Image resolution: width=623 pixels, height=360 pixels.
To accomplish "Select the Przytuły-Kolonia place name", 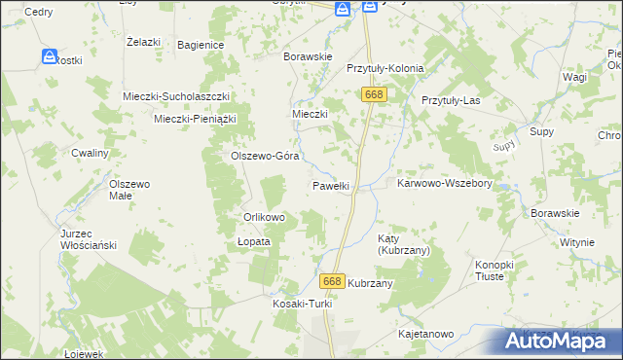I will coord(385,69).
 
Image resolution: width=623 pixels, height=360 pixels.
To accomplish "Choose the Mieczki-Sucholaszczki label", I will coord(175,96).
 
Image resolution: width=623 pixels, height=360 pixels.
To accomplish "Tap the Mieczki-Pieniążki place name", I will coord(196,119).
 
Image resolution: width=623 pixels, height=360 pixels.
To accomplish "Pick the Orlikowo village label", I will coord(263,217).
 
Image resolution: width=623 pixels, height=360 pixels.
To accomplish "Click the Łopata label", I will coord(253,241).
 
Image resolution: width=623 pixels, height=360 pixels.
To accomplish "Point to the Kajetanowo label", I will coord(426,334).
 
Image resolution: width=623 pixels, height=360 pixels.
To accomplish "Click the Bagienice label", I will coord(202,45).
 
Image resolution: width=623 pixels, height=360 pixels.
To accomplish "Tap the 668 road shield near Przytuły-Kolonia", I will coord(374,94).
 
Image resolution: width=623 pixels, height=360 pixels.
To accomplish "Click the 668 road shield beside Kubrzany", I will coord(332,281).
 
